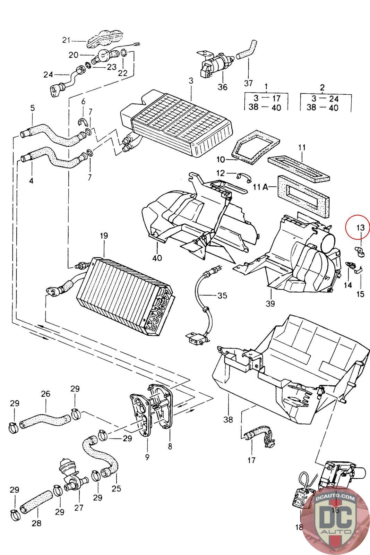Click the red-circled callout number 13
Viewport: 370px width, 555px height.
[x=360, y=228]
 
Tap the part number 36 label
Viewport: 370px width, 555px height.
[x=222, y=87]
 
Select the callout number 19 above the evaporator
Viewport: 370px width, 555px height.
[x=104, y=236]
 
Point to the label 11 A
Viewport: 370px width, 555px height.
[x=261, y=187]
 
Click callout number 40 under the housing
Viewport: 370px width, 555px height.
[x=157, y=258]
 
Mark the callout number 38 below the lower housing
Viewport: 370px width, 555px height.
[x=228, y=420]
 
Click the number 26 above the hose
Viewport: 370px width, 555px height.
[x=45, y=394]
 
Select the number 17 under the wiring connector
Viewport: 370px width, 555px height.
[x=251, y=460]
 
